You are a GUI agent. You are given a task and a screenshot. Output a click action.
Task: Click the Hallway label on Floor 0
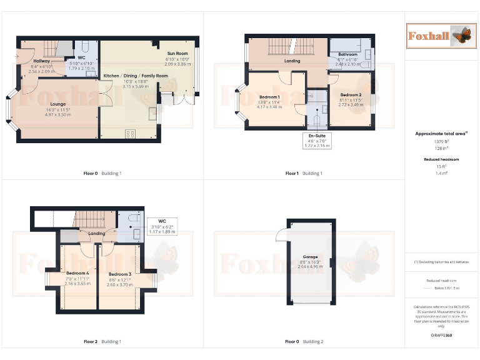pyautogui.click(x=41, y=61)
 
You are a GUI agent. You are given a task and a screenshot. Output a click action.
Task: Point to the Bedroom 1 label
pyautogui.click(x=269, y=97)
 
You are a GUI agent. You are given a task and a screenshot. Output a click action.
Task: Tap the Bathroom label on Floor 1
pyautogui.click(x=347, y=54)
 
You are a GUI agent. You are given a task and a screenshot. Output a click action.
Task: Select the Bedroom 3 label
pyautogui.click(x=119, y=274)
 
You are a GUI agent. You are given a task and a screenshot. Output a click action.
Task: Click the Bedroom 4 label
pyautogui.click(x=78, y=272)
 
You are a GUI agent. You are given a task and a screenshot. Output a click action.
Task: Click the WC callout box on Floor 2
pyautogui.click(x=162, y=226)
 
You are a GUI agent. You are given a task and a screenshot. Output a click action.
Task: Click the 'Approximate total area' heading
pyautogui.click(x=442, y=134)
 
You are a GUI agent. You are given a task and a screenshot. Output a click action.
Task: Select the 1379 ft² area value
pyautogui.click(x=442, y=142)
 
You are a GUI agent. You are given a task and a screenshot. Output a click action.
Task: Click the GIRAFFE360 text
pyautogui.click(x=442, y=336)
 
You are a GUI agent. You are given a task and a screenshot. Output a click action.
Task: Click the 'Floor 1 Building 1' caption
pyautogui.click(x=304, y=173)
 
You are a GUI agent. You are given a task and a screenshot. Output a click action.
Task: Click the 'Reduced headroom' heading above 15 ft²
pyautogui.click(x=442, y=159)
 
